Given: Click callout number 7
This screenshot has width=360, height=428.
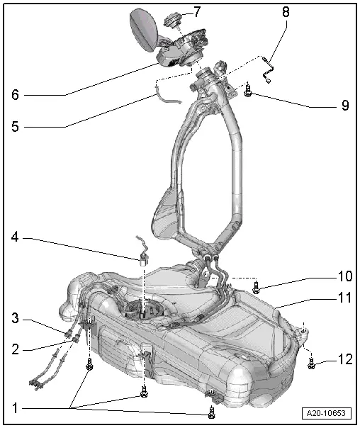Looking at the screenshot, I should tap(198, 12).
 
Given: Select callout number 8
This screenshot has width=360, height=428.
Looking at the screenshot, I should tap(285, 12).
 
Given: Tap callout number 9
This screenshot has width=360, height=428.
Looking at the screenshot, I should tap(344, 106).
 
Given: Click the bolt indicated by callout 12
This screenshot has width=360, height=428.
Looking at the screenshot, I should tap(312, 364).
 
